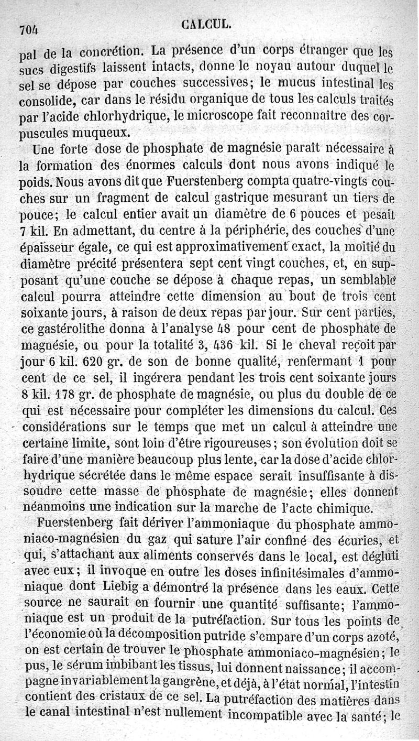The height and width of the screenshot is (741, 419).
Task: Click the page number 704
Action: pos(30,30)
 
